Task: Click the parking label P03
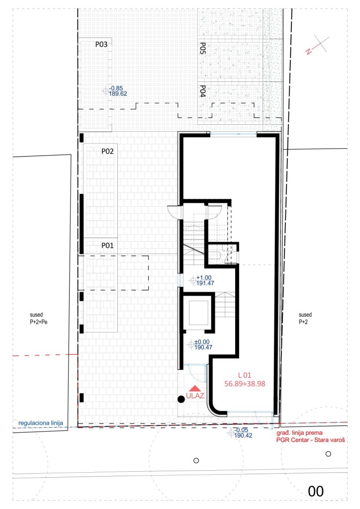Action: (x=101, y=44)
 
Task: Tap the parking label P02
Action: (x=107, y=151)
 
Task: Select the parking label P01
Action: (x=107, y=246)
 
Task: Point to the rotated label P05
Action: (x=202, y=48)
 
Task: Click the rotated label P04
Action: (x=202, y=91)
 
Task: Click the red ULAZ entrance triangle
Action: (x=195, y=388)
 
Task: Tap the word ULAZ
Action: (x=195, y=396)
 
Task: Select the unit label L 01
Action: (x=245, y=375)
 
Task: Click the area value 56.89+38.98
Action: (x=245, y=384)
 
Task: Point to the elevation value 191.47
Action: (x=205, y=283)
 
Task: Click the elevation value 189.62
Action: (x=118, y=94)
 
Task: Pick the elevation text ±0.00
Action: (x=202, y=342)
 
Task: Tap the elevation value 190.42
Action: (x=243, y=435)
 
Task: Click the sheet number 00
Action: (x=316, y=492)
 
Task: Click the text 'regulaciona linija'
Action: (x=41, y=423)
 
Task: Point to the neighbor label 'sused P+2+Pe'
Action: (x=39, y=318)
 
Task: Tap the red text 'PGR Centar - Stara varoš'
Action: (x=311, y=440)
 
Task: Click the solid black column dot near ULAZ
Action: (x=181, y=399)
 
